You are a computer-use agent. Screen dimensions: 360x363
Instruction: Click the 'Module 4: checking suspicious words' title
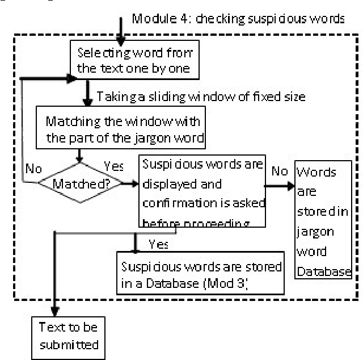coord(238,19)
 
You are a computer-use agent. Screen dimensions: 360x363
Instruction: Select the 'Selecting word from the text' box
coord(134,61)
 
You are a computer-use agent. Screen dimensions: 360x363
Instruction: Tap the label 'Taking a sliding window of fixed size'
coord(201,97)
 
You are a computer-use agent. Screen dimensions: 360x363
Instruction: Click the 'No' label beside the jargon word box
coord(278,170)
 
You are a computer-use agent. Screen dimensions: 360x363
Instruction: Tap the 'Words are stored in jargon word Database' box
coord(323,221)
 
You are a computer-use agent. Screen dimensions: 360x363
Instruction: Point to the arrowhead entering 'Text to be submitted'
coord(54,313)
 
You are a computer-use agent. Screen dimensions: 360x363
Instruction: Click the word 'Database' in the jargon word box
coord(326,271)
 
